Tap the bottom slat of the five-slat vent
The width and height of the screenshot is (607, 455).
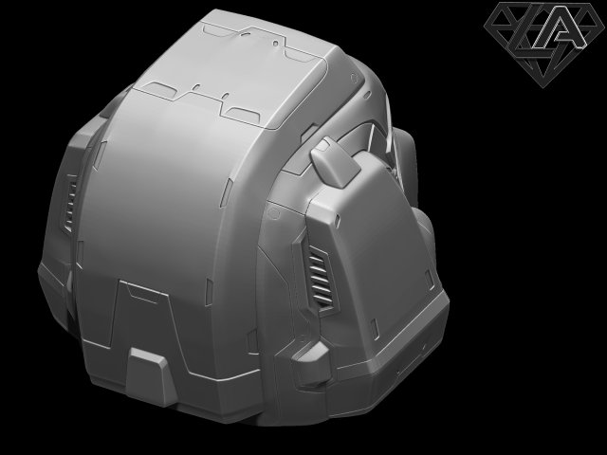point(326,302)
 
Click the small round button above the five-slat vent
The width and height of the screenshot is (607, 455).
point(275,215)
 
